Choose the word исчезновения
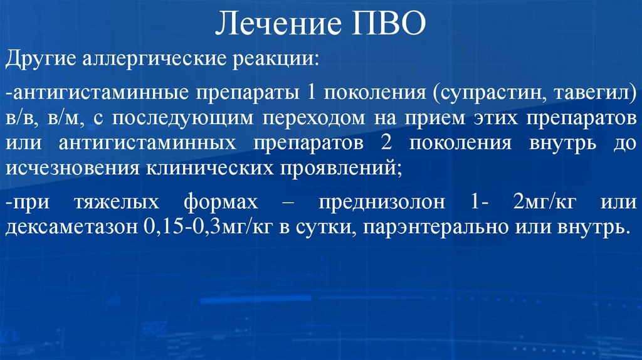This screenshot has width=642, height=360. (x=73, y=167)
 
